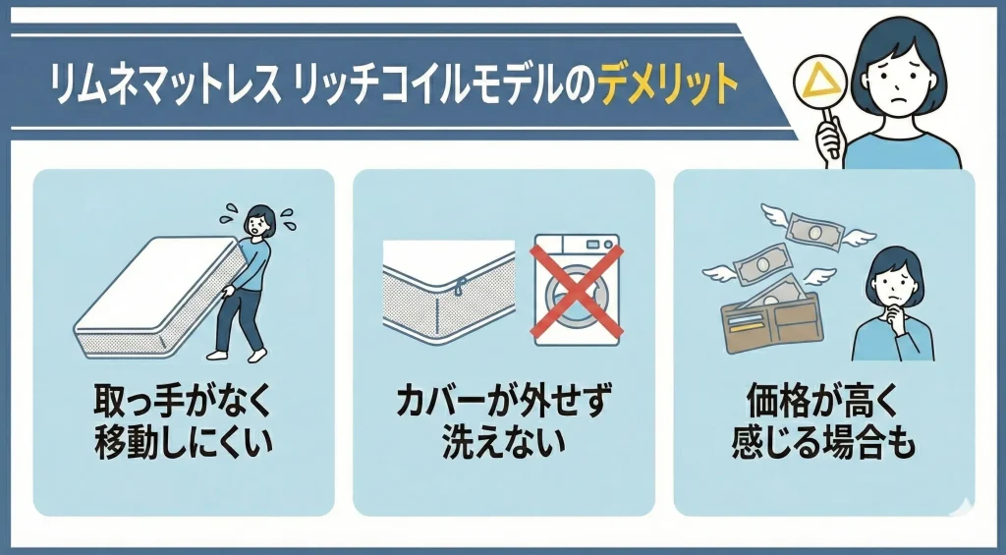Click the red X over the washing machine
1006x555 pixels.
(x=576, y=292)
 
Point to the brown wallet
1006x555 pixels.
(x=771, y=323)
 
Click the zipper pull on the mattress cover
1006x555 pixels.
(x=458, y=288)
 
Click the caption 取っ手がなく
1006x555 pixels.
(x=183, y=401)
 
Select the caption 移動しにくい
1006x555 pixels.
(x=184, y=442)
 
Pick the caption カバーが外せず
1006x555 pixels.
(x=504, y=401)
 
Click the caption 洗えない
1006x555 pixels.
(x=504, y=442)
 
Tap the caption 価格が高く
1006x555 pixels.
(x=824, y=401)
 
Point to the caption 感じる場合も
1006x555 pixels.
(x=824, y=442)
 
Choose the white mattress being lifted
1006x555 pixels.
(x=159, y=296)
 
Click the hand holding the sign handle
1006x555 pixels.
(x=828, y=138)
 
